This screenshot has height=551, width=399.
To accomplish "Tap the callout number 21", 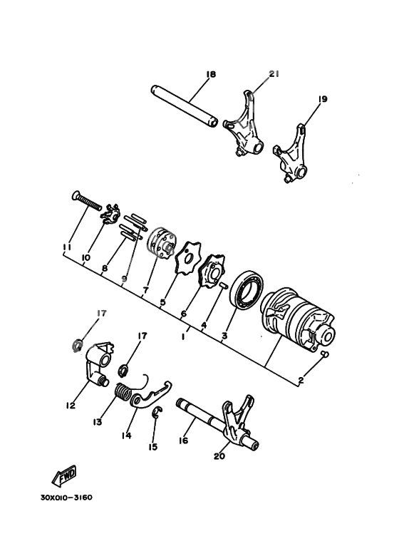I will pos(275,73).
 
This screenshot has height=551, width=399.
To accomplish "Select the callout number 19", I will pos(323,99).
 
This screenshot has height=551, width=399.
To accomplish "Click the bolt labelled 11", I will pos(88,201).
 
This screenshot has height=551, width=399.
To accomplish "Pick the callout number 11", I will pos(66,247).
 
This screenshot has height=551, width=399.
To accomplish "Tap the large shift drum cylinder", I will pos(298,316).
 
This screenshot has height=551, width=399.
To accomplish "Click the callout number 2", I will pos(301,381).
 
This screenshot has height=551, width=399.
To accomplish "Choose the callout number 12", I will pos(71,406).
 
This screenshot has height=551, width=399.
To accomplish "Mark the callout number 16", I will pos(183,441).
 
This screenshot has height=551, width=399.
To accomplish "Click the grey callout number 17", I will pos(102,313).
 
